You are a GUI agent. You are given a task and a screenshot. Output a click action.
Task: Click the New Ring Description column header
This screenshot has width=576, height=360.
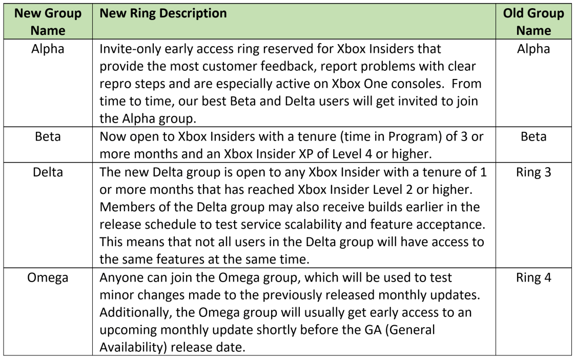point(163,13)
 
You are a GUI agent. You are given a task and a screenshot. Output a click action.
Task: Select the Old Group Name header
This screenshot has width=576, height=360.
point(533,22)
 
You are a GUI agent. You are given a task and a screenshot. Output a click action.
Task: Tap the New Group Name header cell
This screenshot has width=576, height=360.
point(48,22)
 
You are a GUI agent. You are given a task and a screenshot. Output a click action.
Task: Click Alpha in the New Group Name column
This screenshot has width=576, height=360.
point(48,49)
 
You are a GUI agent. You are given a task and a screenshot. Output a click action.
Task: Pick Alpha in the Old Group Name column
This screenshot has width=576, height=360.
point(533,49)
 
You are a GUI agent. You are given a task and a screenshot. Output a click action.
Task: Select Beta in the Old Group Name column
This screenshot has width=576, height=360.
point(533,137)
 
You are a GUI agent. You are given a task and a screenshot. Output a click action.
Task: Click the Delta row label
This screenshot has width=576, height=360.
point(48,172)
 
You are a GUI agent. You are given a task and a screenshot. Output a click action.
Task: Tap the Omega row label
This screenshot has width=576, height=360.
point(48,278)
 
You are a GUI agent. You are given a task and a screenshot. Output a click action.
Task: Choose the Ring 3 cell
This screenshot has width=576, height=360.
point(533,172)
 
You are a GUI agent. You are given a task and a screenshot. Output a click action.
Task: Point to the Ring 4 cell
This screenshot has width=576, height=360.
point(533,277)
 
